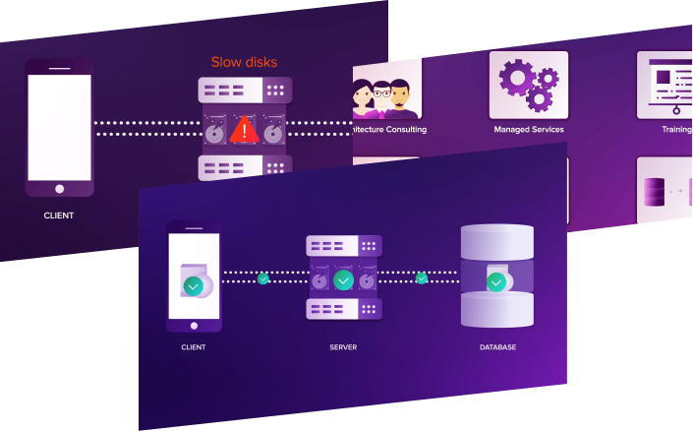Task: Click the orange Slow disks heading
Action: pyautogui.click(x=244, y=62)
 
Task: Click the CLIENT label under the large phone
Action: pyautogui.click(x=59, y=215)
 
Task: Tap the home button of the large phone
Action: pyautogui.click(x=59, y=188)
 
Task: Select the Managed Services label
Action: pyautogui.click(x=528, y=129)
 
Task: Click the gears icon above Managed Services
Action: pyautogui.click(x=528, y=85)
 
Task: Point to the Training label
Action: pyautogui.click(x=676, y=129)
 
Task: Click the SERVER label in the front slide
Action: pyautogui.click(x=342, y=347)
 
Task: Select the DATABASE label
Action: pyautogui.click(x=496, y=347)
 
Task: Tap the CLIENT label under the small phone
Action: pyautogui.click(x=194, y=347)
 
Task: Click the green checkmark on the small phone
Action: pyautogui.click(x=194, y=286)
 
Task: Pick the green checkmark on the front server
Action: pyautogui.click(x=342, y=280)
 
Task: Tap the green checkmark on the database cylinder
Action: pyautogui.click(x=496, y=282)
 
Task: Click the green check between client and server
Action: pyautogui.click(x=262, y=278)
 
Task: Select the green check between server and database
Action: pyautogui.click(x=422, y=278)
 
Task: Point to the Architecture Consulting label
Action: pyautogui.click(x=388, y=129)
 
